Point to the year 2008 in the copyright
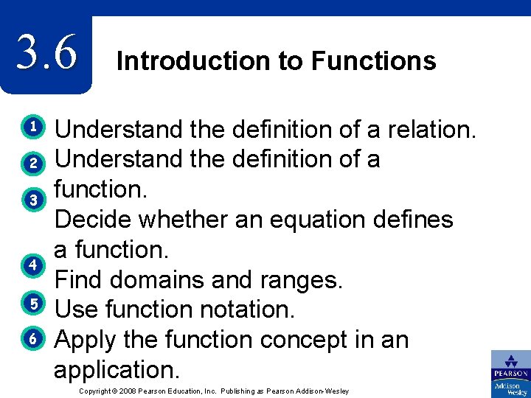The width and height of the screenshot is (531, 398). [133, 391]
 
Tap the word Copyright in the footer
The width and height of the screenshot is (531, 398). [98, 391]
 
